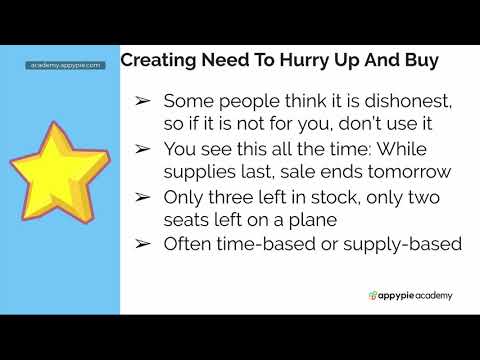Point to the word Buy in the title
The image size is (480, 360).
417,60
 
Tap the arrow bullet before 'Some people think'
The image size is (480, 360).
143,101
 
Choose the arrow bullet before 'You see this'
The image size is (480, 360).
143,148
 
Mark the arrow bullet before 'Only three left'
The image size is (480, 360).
143,195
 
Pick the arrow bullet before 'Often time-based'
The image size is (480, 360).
143,242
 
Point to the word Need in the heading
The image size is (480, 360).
234,60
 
